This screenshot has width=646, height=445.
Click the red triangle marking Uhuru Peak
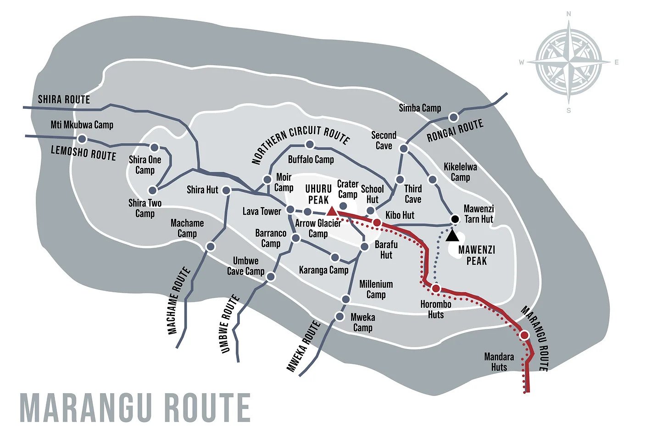coord(331,211)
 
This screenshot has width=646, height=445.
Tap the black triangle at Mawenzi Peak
coord(452,236)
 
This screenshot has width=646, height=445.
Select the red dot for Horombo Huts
coord(436,288)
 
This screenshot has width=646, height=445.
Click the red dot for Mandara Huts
coord(524,335)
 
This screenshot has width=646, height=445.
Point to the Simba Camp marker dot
coord(453,117)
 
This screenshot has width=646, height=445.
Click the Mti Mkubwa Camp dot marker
coord(82,139)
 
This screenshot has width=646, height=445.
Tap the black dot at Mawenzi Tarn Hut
coord(455,219)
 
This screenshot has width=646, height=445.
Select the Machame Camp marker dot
coord(211,247)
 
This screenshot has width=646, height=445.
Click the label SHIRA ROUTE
coord(64,100)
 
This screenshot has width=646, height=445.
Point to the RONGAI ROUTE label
coord(455,131)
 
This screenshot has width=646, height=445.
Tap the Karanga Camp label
coord(323,270)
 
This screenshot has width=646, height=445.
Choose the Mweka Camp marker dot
coord(340,317)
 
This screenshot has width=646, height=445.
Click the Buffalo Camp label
coord(311,160)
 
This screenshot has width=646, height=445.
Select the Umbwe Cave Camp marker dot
coord(271,277)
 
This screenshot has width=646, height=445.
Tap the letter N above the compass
coord(569,14)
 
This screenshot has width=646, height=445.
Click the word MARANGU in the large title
coord(84,408)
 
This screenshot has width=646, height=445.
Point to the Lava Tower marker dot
coord(290,210)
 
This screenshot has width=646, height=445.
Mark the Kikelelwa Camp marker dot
coord(432,179)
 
